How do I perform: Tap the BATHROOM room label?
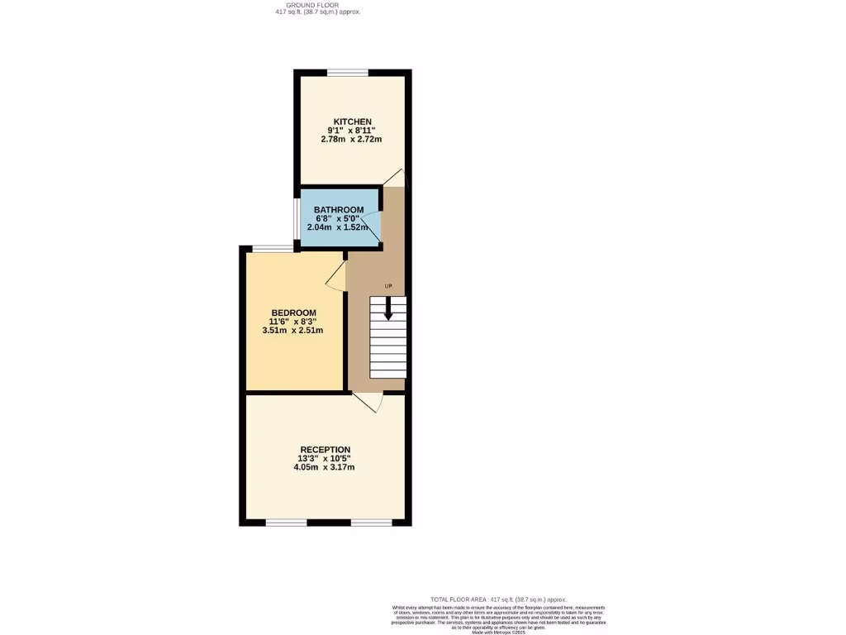point(339,209)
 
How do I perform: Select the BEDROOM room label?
point(292,313)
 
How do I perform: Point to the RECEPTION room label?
point(325,450)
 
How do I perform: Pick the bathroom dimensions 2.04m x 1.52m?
point(338,227)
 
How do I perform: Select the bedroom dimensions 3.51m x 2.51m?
point(292,330)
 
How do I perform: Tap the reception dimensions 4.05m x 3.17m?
point(325,467)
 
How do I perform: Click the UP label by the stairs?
point(388,287)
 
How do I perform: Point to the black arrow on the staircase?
point(388,309)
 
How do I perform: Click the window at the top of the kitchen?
point(347,73)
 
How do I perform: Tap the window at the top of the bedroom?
point(272,249)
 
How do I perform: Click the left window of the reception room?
point(286,522)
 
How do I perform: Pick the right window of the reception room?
point(371,522)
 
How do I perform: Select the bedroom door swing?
point(337,277)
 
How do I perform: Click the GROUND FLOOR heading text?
point(318,6)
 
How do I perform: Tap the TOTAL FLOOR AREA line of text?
point(498,599)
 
